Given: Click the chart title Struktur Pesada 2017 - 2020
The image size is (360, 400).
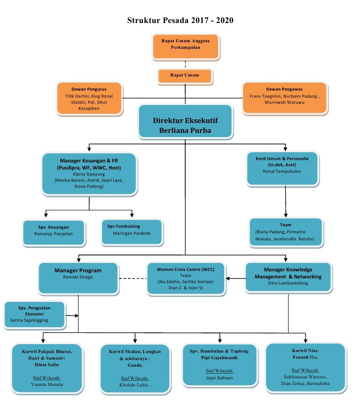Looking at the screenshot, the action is pos(180,20).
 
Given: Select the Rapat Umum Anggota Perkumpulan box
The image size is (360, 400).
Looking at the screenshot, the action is pos(186,47).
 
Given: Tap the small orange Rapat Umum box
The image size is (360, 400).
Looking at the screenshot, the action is pos(185,76).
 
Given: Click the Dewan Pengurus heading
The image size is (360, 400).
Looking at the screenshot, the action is pos(89,89).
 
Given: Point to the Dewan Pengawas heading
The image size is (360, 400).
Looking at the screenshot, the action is pos(284,89).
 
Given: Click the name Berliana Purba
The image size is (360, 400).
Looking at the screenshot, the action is pos(185,131).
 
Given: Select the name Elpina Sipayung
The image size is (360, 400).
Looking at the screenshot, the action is pos(89,174).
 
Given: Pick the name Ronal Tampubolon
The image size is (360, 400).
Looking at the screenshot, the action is pos(282,171).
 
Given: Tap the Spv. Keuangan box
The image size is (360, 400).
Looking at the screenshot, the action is pos(54,233).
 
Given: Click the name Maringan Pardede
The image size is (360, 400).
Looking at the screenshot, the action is pos(132,233).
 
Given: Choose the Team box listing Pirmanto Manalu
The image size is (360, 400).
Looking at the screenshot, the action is pos(286,232).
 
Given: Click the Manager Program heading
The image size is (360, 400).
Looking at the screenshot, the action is pos(78,270).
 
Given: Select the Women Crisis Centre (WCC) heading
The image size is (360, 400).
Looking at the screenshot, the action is pos(186,269).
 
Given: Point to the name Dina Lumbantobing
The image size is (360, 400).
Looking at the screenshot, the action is pos(288,283).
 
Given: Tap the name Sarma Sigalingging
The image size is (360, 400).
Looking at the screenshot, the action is pos(29,320).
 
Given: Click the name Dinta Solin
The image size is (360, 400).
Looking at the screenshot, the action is pos(47,364).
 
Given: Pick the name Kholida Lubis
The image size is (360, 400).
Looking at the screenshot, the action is pos(133,385).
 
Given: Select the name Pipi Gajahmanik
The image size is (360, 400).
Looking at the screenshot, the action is pos(219,358).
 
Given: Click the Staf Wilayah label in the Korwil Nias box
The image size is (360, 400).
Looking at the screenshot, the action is pos(305,370).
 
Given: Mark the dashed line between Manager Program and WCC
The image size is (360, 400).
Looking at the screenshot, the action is pos(133,278).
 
